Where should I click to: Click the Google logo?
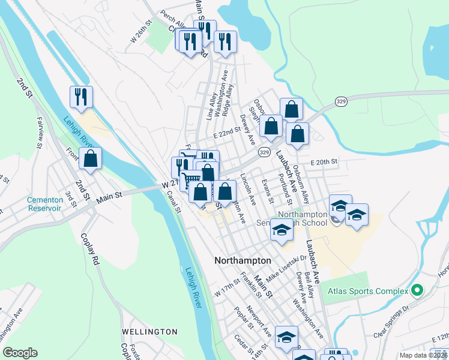20,353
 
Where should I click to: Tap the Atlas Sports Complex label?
368,292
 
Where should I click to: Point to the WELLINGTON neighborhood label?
149,331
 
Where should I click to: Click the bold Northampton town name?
243,261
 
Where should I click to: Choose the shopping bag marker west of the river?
90,159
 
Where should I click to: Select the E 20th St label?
324,162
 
